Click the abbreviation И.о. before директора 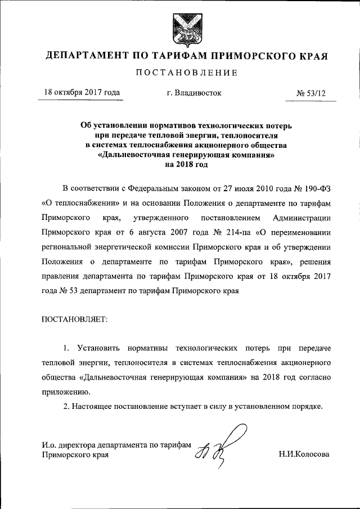point(50,444)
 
